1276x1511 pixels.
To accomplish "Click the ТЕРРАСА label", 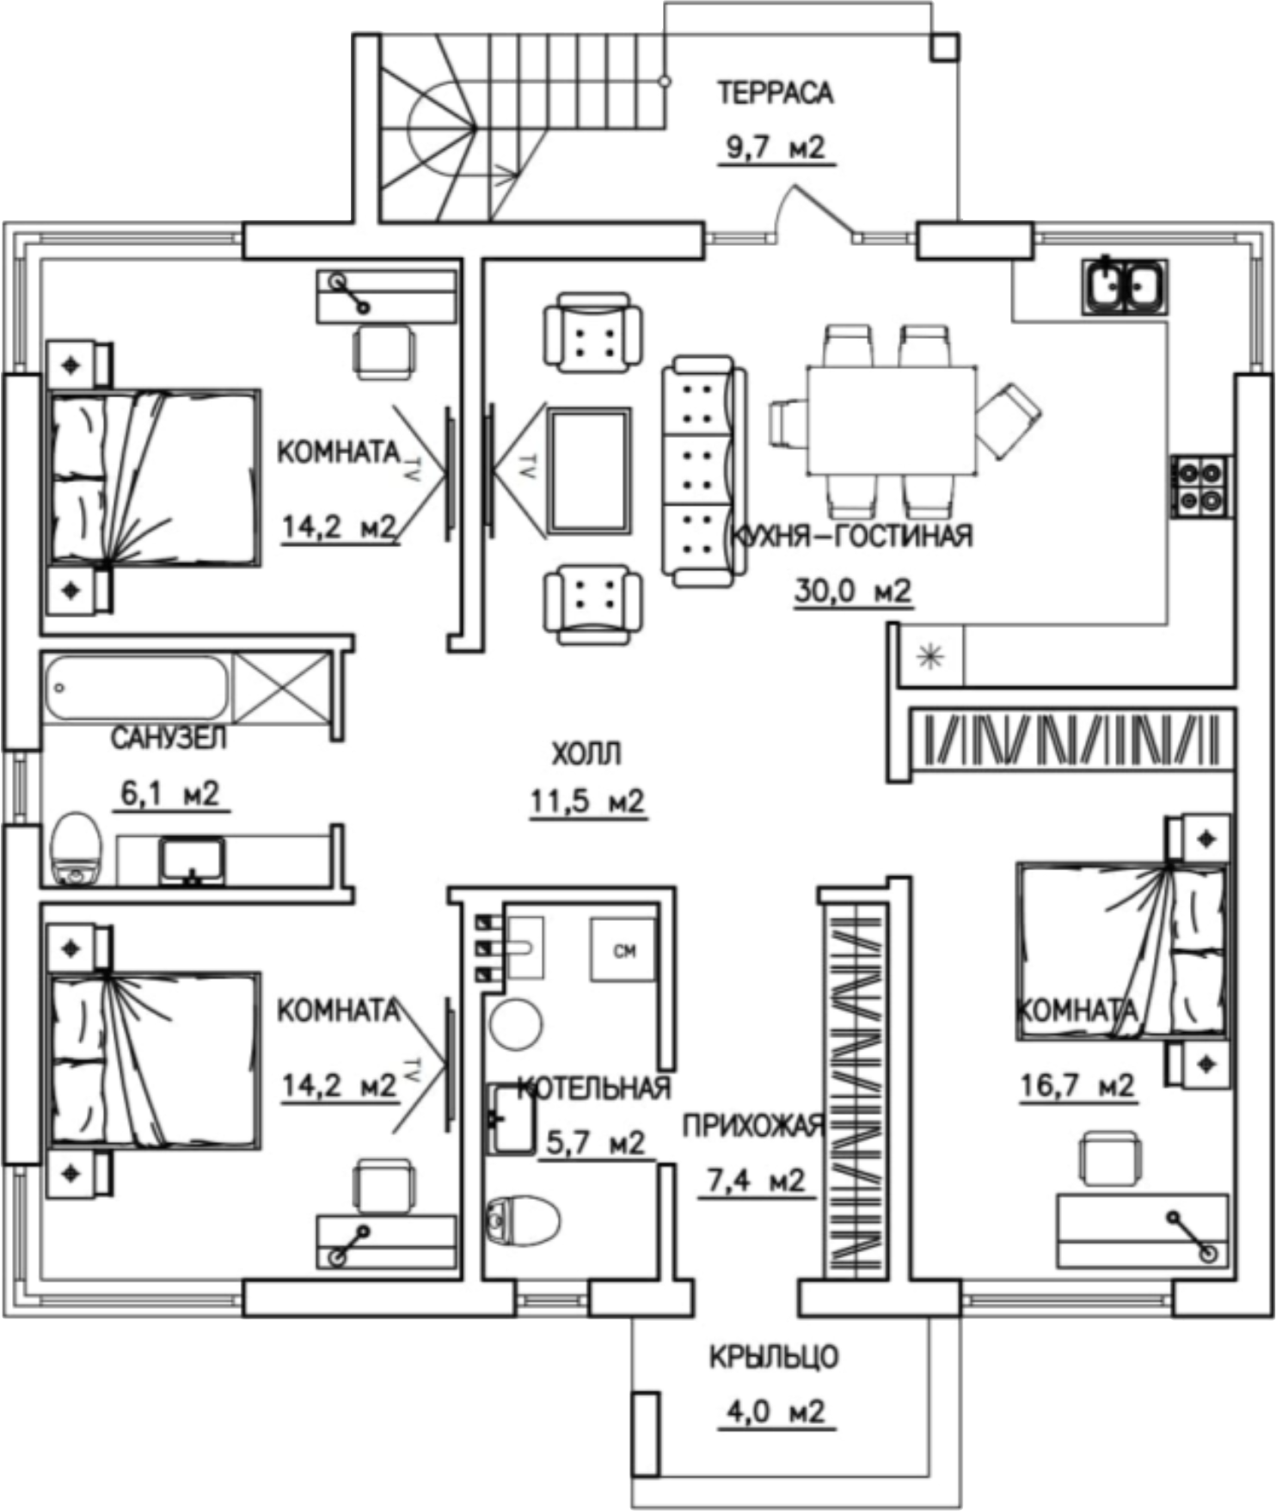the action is (776, 93).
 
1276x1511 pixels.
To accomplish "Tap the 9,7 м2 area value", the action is (776, 147).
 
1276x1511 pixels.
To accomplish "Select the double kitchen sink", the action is (1125, 286).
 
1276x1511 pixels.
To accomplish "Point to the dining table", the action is (891, 421).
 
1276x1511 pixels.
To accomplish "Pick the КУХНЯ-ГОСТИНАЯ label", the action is (851, 536).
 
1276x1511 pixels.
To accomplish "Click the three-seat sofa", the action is (703, 471).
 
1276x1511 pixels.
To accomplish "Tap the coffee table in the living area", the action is (590, 470).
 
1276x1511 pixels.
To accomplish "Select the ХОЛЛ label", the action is (586, 754).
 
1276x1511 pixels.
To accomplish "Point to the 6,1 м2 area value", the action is (169, 793).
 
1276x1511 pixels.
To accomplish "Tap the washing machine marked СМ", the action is (623, 949).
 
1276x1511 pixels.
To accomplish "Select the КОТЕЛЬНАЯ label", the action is (593, 1088).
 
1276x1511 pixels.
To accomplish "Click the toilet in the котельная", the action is (523, 1220).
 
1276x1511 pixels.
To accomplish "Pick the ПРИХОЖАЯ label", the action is (754, 1126).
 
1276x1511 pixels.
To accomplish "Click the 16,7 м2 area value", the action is (1077, 1085).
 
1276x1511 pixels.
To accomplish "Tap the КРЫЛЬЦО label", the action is (774, 1357).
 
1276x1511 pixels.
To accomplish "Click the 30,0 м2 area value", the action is (852, 591).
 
